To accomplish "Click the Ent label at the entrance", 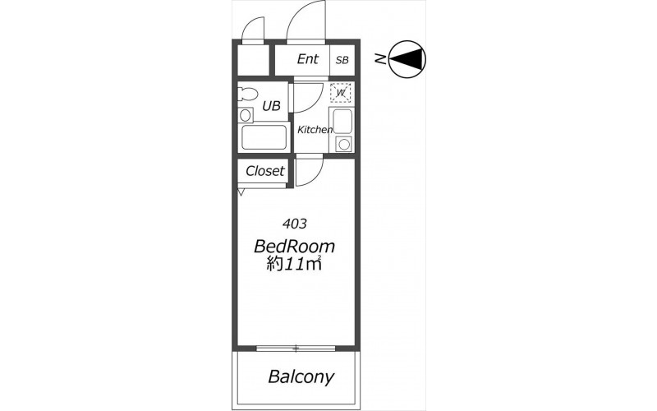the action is (307, 59).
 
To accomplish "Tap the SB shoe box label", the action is (342, 60).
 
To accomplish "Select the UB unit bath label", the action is (271, 106).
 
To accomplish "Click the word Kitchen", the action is (315, 130).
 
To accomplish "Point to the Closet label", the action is (264, 171).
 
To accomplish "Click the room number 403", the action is (295, 224).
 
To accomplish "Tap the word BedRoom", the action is (294, 247).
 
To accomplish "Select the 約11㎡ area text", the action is (294, 263).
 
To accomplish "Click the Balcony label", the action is (301, 377).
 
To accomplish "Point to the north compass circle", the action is (407, 58).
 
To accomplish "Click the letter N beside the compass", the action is (380, 59).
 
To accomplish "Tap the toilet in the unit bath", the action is (248, 94).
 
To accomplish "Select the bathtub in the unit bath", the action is (264, 137).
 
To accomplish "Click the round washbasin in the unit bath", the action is (245, 115).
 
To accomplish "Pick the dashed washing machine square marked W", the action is (340, 93).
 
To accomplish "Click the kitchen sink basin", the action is (342, 122).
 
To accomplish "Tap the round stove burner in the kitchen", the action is (344, 145).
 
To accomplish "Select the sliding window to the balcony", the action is (296, 348).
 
